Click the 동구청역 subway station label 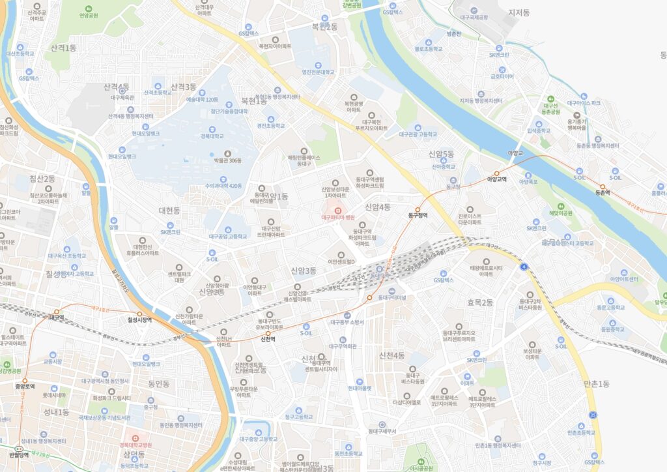(x=418, y=214)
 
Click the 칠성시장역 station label (x=139, y=320)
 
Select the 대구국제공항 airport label (x=474, y=18)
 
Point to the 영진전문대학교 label (x=318, y=72)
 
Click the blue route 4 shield (x=524, y=266)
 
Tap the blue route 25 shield (x=592, y=415)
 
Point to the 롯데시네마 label (x=55, y=394)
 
